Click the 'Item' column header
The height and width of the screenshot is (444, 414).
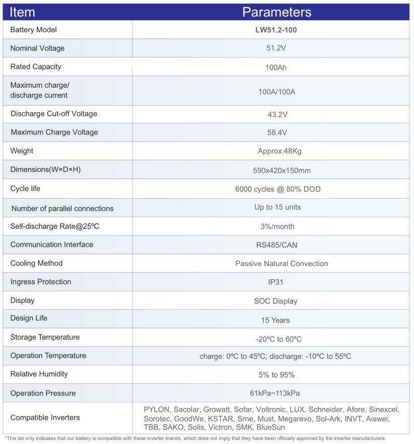[x=22, y=12]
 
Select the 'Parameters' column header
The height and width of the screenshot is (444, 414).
[x=277, y=12]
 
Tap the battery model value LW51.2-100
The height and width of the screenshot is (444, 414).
[x=276, y=30]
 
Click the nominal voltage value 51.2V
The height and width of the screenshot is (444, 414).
[x=276, y=48]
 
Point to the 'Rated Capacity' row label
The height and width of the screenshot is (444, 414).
[x=36, y=67]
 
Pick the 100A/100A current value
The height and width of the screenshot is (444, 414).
[x=277, y=92]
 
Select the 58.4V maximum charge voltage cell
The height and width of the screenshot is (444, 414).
[x=277, y=133]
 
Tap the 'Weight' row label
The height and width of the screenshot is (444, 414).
[x=22, y=151]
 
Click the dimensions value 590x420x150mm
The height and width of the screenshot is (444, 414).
[x=282, y=170]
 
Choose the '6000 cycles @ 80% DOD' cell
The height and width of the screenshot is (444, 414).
[x=278, y=189]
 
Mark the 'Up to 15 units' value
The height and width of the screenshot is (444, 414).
[x=278, y=207]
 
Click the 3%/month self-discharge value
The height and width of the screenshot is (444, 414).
[x=278, y=226]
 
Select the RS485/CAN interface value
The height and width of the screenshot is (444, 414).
[x=277, y=245]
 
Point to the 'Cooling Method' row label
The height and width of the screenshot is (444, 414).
[x=36, y=263]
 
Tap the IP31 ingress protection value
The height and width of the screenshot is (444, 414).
[x=277, y=282]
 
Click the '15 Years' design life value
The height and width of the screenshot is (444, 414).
[x=275, y=320]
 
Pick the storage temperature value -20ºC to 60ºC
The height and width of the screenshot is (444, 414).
[x=279, y=339]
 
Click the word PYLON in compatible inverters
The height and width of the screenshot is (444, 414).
[x=156, y=409]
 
